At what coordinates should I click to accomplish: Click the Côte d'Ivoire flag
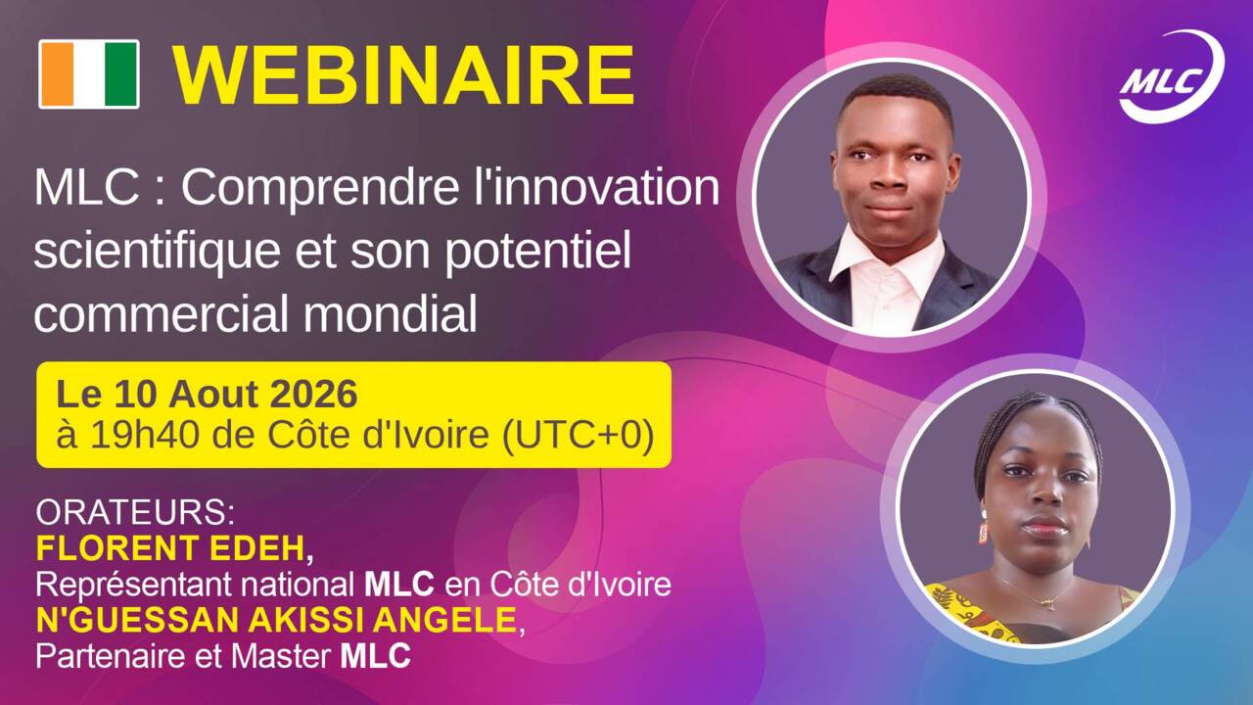tap(89, 73)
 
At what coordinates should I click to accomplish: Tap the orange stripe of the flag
tap(57, 73)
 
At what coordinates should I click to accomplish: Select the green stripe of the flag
tap(121, 73)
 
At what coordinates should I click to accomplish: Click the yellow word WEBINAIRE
tap(403, 75)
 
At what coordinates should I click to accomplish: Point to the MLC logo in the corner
tap(1171, 77)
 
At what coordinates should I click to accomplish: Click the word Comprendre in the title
tap(319, 190)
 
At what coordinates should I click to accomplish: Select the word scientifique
tap(158, 253)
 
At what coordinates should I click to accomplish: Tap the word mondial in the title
tap(390, 312)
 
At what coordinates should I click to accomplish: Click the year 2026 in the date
tap(314, 394)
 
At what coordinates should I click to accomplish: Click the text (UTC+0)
tap(578, 436)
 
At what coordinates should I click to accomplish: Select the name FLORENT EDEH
tap(170, 547)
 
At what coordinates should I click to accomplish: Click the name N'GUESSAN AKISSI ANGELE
tap(276, 620)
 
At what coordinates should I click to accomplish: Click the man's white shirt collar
tap(887, 258)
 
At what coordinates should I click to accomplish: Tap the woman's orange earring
tap(984, 532)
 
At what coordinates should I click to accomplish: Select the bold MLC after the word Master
tap(375, 656)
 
